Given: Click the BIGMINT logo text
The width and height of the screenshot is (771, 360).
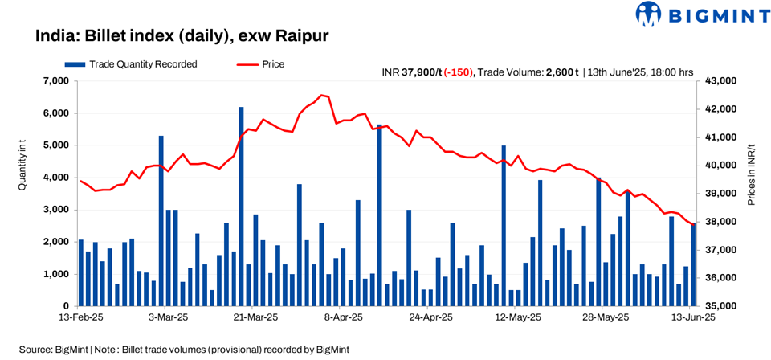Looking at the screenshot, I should [711, 14].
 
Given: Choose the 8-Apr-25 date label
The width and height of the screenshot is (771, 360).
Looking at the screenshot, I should [343, 318].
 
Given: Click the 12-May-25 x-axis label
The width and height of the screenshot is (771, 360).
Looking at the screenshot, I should [517, 318].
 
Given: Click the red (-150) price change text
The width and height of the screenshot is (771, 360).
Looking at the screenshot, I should [458, 72].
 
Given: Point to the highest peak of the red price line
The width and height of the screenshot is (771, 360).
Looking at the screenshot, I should [322, 95].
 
